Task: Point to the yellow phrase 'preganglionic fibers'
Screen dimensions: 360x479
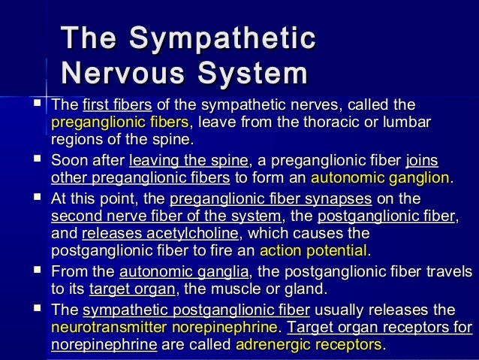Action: point(120,122)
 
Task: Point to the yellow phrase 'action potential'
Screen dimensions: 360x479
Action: point(313,251)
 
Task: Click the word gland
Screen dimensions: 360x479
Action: point(309,289)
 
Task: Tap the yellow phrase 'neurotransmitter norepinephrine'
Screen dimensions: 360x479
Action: point(163,328)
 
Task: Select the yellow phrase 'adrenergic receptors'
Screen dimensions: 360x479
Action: point(309,346)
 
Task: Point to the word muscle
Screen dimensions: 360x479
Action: point(241,289)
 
